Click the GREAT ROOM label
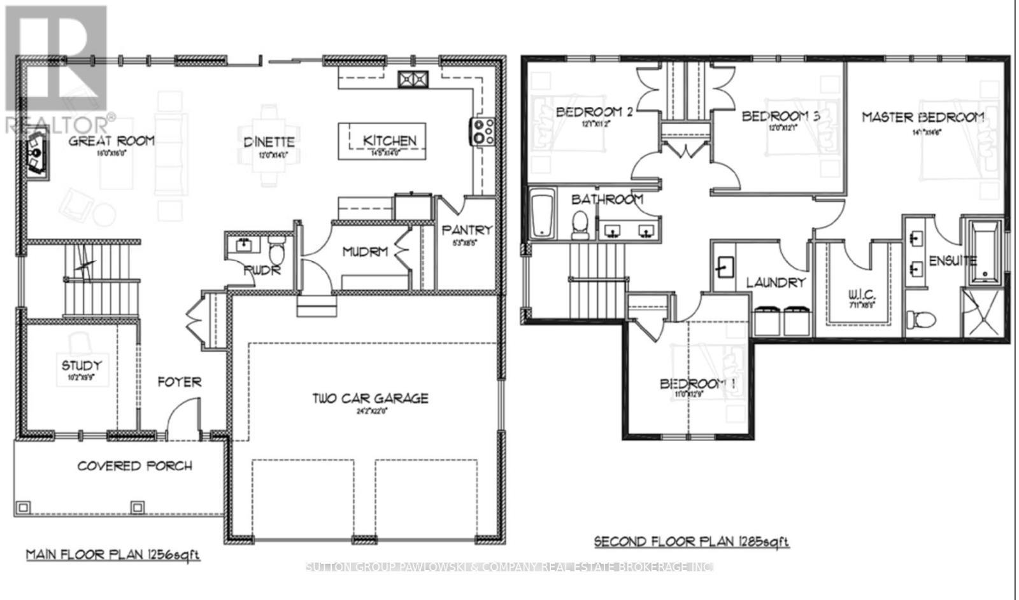tap(111, 141)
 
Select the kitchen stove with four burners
tap(482, 131)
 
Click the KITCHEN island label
tap(389, 141)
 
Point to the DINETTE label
tap(269, 143)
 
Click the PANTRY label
tap(467, 230)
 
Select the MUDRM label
tap(365, 252)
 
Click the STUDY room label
tap(82, 366)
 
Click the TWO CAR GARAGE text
tap(370, 399)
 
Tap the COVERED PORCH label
tap(134, 466)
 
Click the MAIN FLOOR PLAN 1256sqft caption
tap(113, 555)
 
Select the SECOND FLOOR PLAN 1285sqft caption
tap(691, 542)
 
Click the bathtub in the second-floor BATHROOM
tap(543, 214)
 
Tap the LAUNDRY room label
tap(776, 283)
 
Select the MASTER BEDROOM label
tap(922, 118)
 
